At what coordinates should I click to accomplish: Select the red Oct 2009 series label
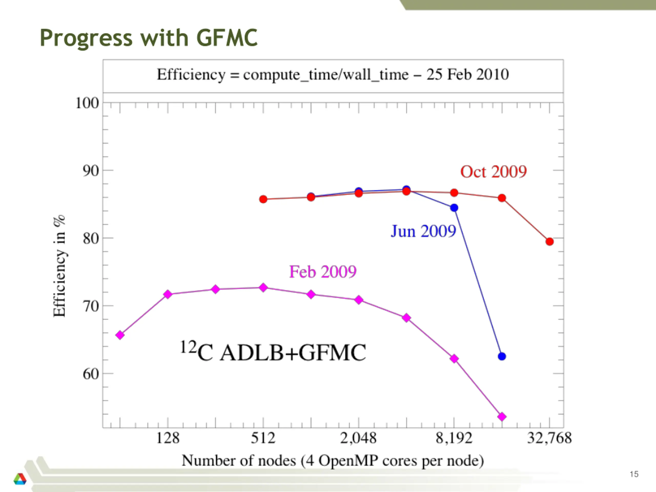point(493,172)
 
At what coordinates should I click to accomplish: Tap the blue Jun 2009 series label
point(423,231)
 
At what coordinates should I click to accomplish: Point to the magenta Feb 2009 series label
point(323,272)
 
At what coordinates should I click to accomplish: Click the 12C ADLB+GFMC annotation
point(273,352)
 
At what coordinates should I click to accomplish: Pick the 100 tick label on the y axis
point(87,104)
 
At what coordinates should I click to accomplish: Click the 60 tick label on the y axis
point(91,374)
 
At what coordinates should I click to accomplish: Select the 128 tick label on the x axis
point(168,438)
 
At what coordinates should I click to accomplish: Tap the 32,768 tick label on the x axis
point(549,438)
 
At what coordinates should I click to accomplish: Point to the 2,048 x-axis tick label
point(358,438)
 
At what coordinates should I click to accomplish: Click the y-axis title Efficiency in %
point(59,266)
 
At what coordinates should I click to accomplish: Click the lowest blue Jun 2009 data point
point(502,356)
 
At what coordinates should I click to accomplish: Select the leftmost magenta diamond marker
point(120,335)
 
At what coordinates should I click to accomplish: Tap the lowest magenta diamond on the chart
point(502,417)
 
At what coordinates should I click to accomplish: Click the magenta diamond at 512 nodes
point(263,287)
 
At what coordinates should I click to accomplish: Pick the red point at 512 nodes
point(263,199)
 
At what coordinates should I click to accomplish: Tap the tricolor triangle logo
point(20,479)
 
